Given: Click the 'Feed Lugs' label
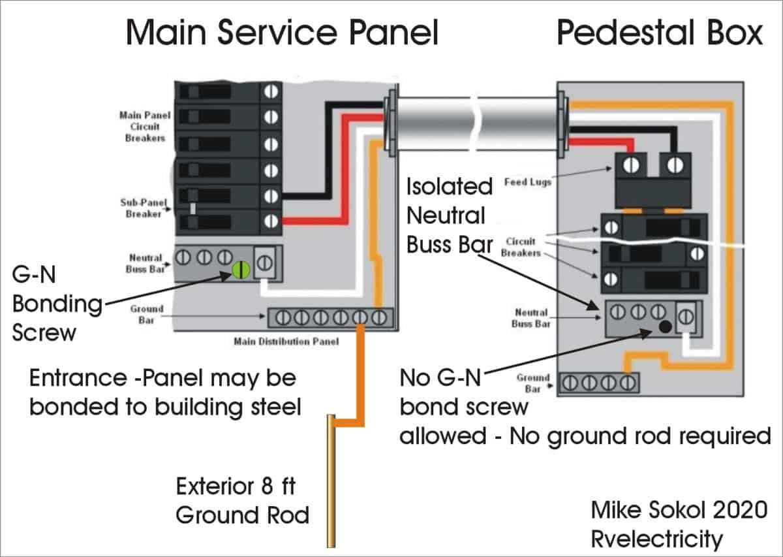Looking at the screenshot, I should pos(528,182).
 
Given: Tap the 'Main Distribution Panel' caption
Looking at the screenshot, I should pos(286,342).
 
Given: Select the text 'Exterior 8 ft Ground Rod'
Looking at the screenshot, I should pos(242,501).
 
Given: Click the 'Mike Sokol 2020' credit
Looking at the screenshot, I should pos(679,510).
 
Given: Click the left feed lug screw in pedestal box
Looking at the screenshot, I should pos(631,165).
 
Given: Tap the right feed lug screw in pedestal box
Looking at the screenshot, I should pos(670,165).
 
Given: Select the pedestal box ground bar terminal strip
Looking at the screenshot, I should pos(599,383).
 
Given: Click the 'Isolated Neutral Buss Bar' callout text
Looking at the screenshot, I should pos(450,215).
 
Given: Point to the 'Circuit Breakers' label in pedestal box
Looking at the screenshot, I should pos(521,247).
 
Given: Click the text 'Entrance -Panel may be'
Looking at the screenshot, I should pos(163,378).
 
